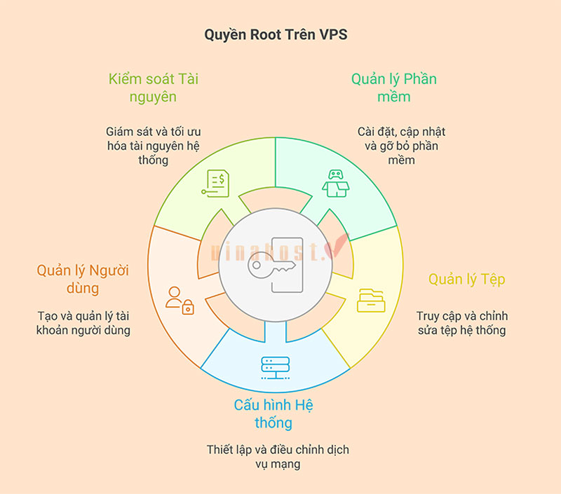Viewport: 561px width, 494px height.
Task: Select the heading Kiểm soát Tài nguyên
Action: point(153,88)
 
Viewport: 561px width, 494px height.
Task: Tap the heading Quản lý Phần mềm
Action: point(393,88)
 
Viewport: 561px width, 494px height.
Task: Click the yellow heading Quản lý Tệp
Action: point(466,280)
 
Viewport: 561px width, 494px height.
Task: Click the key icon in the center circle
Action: point(271,268)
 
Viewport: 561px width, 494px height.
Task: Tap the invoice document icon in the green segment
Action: point(215,183)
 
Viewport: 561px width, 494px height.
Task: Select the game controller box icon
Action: point(334,184)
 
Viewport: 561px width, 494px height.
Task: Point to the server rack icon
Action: point(274,367)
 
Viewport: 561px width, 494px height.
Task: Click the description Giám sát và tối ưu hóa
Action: point(153,146)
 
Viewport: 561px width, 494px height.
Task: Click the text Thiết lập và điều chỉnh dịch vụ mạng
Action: point(278,456)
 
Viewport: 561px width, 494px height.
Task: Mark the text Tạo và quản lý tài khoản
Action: point(83,323)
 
